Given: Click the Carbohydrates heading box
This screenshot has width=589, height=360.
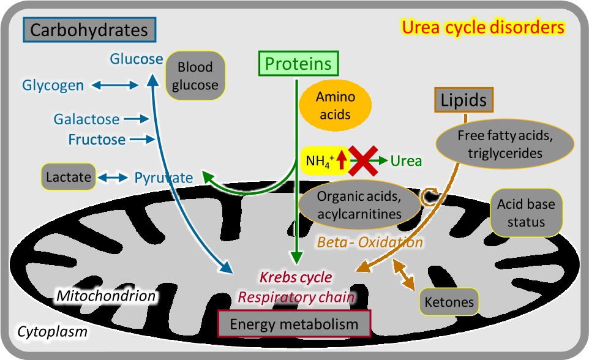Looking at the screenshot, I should pos(89,29).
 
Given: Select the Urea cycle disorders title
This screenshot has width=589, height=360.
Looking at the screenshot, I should pos(482,28).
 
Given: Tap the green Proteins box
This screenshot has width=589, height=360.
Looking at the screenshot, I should pos(298,64).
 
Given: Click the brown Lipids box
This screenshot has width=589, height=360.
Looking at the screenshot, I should pos(465,100).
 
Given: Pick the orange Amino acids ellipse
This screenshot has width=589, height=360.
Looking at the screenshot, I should pos(335,105).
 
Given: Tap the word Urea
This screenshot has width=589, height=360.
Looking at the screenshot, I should pos(407,161).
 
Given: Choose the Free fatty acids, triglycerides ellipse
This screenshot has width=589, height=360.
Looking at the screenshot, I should pos(505,144).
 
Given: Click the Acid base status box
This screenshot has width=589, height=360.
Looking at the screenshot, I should pos(526,212).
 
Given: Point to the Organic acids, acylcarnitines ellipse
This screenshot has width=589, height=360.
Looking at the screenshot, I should pos(359,204).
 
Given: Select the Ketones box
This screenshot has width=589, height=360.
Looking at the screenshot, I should pos(449,302).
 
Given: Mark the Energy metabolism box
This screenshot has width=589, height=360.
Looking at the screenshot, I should pos(294,324).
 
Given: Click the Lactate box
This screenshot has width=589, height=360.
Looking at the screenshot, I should pos(69,178).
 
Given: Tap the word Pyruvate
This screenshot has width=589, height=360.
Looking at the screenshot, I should pos(163,178).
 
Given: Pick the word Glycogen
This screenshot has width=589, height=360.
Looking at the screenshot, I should pos(53,85).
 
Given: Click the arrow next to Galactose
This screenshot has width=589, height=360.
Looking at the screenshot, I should pos(137,119).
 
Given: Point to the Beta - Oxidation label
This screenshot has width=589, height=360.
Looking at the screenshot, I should pos(370,242).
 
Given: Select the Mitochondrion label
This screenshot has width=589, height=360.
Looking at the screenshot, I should pos(105,296).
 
